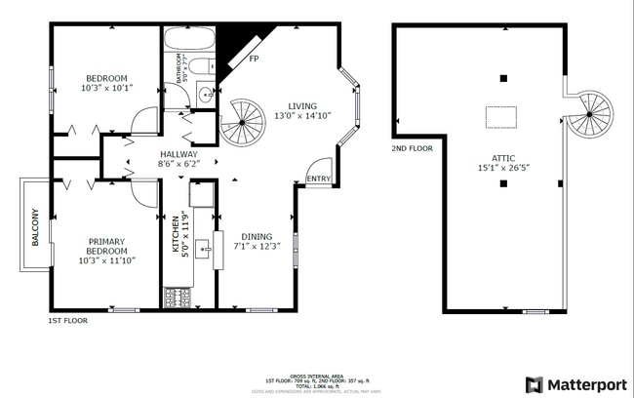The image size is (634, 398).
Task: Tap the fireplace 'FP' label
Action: pyautogui.click(x=254, y=59)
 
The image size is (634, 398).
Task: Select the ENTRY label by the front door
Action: pyautogui.click(x=318, y=179)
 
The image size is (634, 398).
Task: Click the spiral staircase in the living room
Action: pyautogui.click(x=242, y=123)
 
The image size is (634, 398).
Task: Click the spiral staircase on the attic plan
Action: pyautogui.click(x=590, y=114)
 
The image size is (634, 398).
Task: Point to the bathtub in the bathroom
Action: pyautogui.click(x=188, y=41)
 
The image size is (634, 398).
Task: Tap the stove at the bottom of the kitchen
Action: pyautogui.click(x=178, y=297)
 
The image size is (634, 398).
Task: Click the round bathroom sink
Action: pyautogui.click(x=205, y=95)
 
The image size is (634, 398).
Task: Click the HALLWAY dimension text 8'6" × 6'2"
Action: pyautogui.click(x=178, y=165)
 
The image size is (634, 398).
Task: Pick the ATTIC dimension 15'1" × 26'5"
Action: pyautogui.click(x=503, y=169)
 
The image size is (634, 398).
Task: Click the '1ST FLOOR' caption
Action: pyautogui.click(x=68, y=320)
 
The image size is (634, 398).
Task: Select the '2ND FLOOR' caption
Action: pyautogui.click(x=413, y=148)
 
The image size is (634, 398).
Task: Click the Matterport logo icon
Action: pyautogui.click(x=534, y=384)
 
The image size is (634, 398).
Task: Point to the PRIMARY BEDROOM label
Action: pyautogui.click(x=106, y=247)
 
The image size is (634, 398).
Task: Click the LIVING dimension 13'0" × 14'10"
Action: pyautogui.click(x=302, y=116)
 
